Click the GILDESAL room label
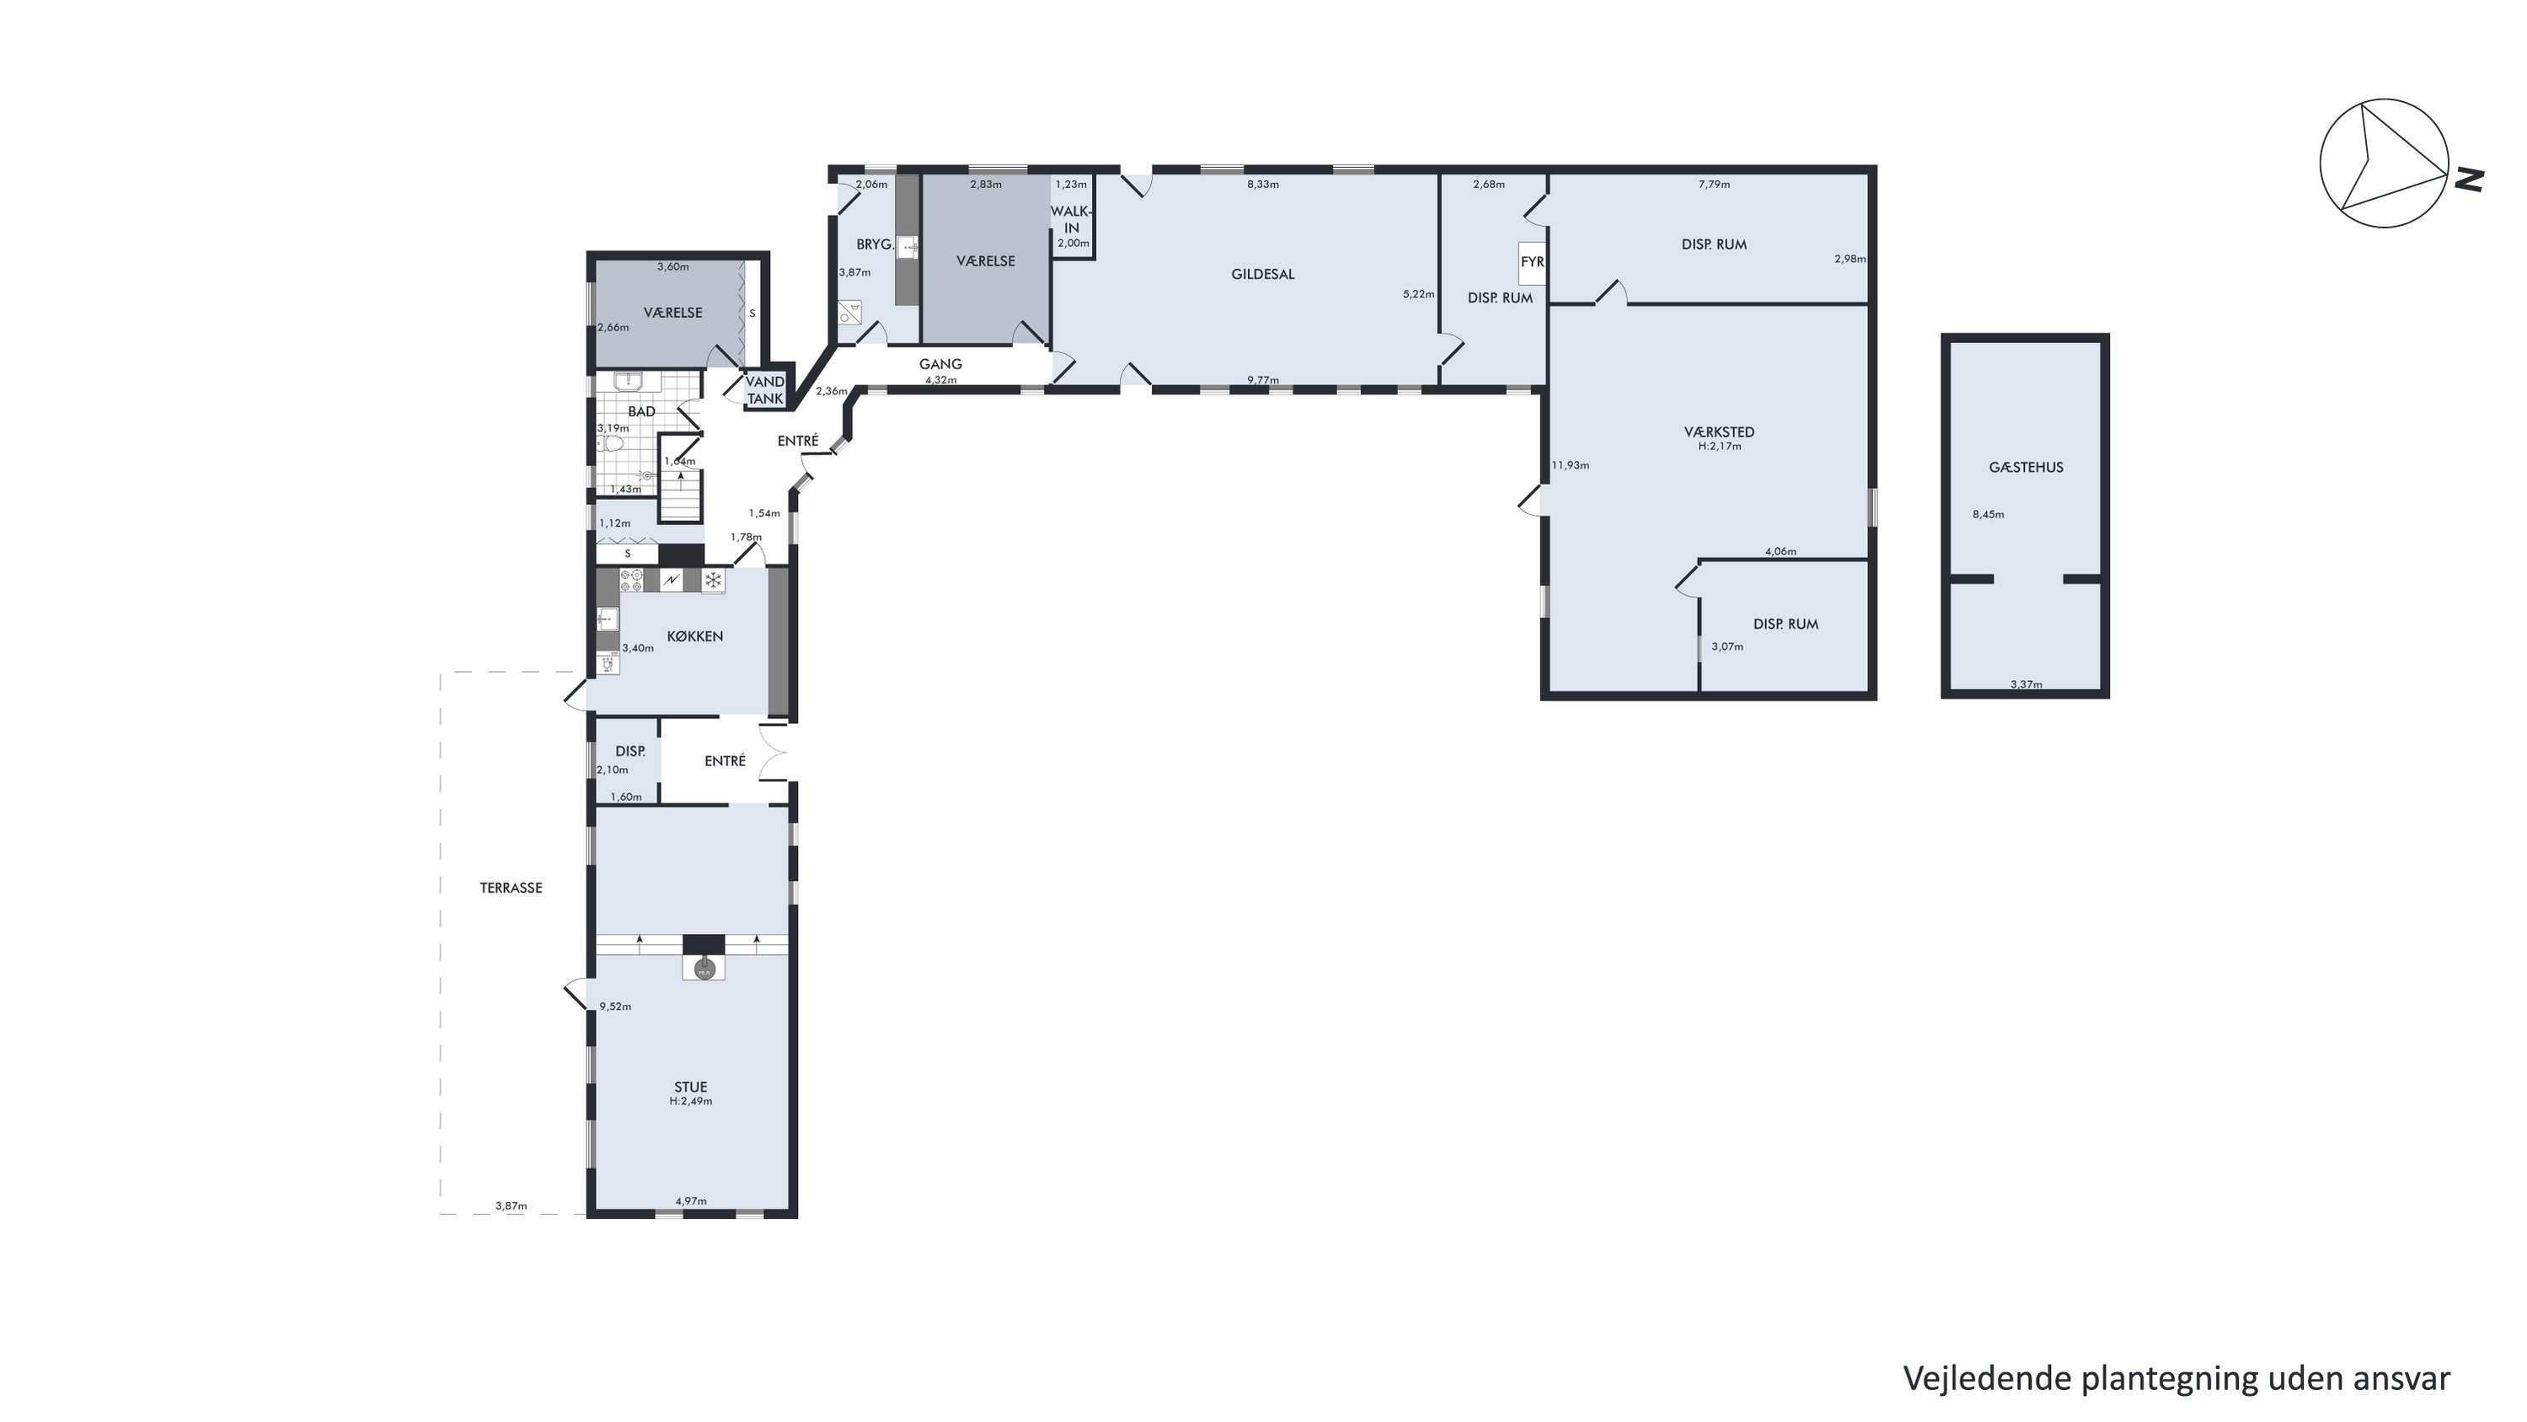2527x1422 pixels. [1262, 275]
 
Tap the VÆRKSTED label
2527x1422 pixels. [1719, 432]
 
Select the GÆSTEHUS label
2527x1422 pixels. [2026, 467]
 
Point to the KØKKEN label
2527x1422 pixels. [694, 636]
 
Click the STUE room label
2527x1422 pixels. [691, 1087]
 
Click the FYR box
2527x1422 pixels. [1531, 262]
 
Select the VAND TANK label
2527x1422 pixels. [765, 389]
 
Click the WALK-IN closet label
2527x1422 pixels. [1071, 220]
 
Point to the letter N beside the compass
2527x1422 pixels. [2469, 180]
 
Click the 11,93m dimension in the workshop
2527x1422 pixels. [1570, 465]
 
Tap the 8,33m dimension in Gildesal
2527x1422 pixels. [1262, 185]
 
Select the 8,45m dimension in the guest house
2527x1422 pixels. [1989, 514]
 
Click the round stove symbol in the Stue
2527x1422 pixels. [704, 969]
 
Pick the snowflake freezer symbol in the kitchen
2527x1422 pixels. [713, 580]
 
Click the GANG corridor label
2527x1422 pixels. [940, 364]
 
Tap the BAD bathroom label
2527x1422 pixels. [641, 411]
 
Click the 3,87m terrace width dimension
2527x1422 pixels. [511, 1206]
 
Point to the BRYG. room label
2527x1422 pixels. [874, 244]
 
